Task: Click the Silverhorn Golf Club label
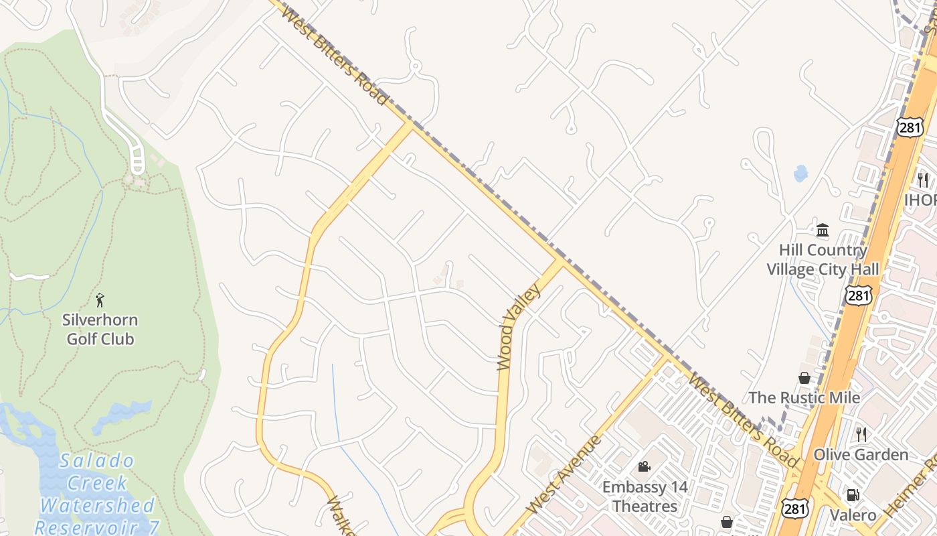100,329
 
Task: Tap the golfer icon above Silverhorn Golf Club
100,299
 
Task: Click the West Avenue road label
564,474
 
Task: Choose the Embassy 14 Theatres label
645,496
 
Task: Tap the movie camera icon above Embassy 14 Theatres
644,466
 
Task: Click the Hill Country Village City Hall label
823,259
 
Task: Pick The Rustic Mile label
804,397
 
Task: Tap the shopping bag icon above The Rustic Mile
804,379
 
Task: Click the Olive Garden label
861,455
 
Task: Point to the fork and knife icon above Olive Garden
861,435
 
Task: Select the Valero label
853,515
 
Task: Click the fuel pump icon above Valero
853,495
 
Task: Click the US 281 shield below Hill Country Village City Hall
858,295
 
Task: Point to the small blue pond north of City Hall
800,174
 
